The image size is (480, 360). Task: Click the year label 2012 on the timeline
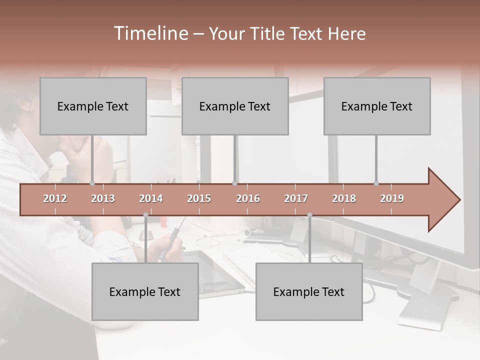click(x=55, y=198)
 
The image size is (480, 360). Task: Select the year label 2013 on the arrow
click(x=103, y=198)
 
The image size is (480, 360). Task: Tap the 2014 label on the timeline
click(x=151, y=198)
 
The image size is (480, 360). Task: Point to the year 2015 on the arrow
click(x=199, y=198)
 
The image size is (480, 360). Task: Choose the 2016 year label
click(x=248, y=198)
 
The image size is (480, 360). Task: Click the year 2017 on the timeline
click(x=296, y=198)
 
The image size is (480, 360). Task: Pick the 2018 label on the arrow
click(x=344, y=198)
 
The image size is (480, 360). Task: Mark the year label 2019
click(x=392, y=198)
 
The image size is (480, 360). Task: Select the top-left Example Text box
click(x=93, y=106)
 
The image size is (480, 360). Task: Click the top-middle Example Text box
click(x=235, y=106)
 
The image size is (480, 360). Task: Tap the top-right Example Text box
click(x=377, y=106)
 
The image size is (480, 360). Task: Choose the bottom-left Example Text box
click(x=145, y=291)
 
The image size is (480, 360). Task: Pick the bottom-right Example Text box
click(x=309, y=291)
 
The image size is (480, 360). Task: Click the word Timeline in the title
click(x=150, y=33)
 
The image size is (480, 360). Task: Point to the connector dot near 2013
click(x=92, y=183)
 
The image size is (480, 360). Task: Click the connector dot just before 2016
click(x=234, y=183)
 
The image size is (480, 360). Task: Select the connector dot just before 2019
click(x=376, y=183)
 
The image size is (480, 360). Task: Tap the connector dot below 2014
click(x=145, y=215)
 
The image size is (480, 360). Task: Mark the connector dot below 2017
click(x=309, y=215)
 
